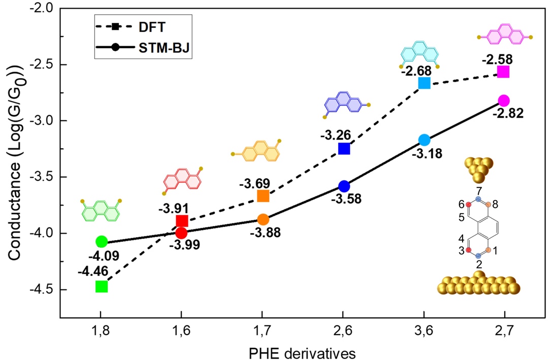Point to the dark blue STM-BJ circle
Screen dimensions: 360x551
click(344, 186)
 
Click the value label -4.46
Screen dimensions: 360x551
click(91, 271)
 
